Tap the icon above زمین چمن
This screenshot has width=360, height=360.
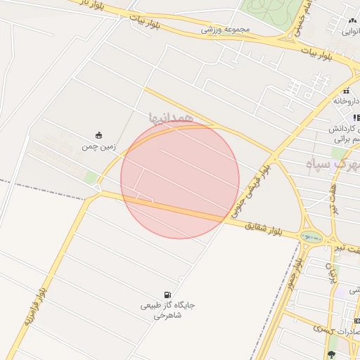98,135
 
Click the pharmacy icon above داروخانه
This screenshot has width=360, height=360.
346,91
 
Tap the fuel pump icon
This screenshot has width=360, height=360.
167,294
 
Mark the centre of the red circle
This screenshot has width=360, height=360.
179,180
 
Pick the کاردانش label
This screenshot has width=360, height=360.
345,130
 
